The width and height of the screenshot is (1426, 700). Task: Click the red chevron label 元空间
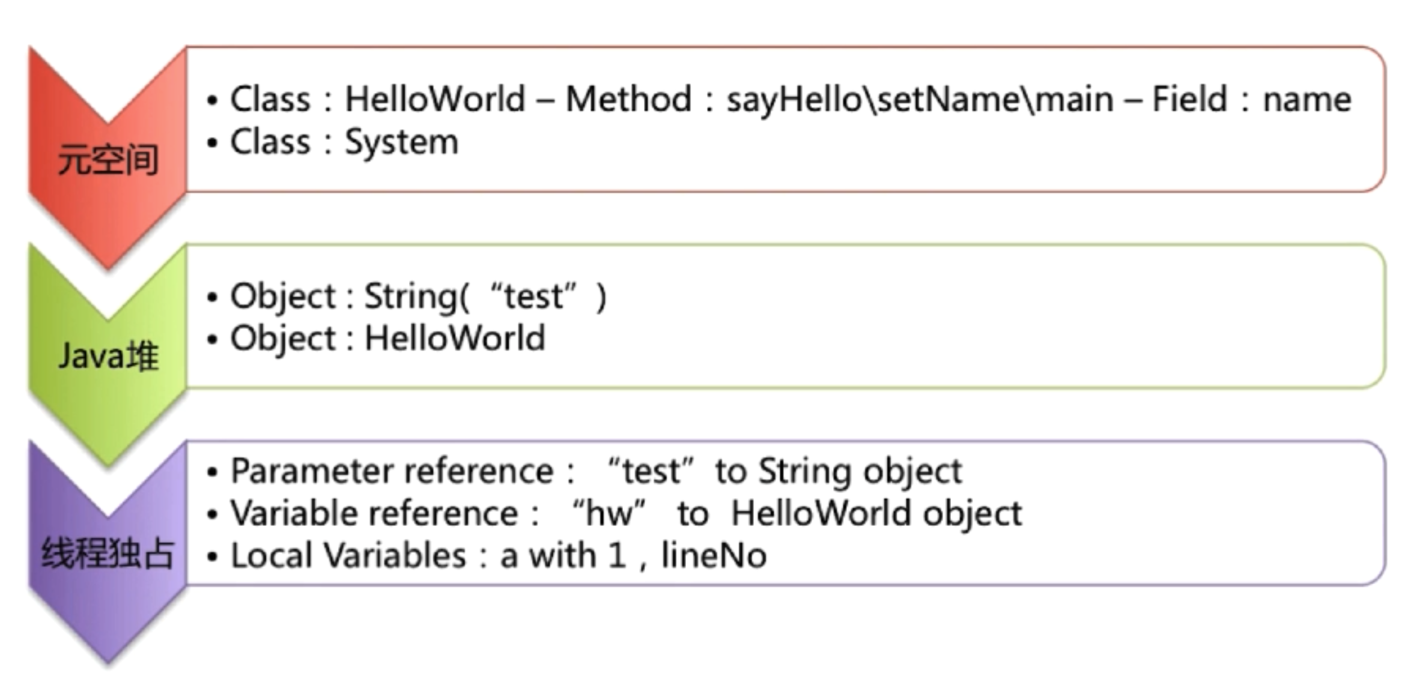108,160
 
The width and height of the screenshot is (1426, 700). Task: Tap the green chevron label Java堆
109,355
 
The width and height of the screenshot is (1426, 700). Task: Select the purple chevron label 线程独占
108,553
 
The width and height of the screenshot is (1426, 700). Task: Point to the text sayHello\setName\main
920,100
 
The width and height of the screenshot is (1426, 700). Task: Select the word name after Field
1307,101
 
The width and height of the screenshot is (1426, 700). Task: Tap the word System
401,143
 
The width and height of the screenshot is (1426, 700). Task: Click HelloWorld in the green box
455,337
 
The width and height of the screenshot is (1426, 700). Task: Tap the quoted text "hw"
608,513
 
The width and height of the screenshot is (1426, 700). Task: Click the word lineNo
714,555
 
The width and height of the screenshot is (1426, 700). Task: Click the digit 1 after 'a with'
616,555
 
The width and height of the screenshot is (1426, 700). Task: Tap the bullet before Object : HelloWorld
211,340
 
